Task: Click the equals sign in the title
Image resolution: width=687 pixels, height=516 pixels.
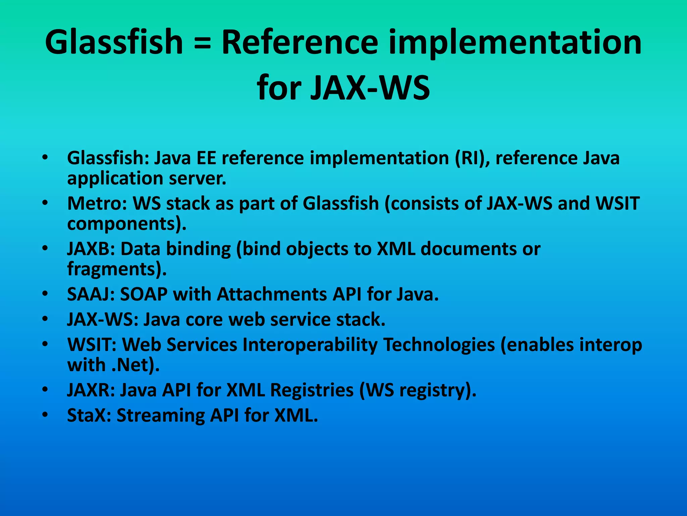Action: tap(202, 43)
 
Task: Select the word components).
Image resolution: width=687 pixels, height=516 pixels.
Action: tap(127, 224)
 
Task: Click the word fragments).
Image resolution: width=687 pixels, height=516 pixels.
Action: tap(117, 269)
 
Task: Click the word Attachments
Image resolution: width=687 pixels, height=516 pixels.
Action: tap(272, 294)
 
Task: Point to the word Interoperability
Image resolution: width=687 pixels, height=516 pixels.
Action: tap(310, 345)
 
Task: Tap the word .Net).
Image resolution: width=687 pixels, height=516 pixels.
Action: tap(136, 365)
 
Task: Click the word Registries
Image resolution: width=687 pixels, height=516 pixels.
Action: tap(312, 390)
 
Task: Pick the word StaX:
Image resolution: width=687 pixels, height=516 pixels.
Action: tap(89, 415)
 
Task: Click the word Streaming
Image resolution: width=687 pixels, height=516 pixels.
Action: tap(160, 416)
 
